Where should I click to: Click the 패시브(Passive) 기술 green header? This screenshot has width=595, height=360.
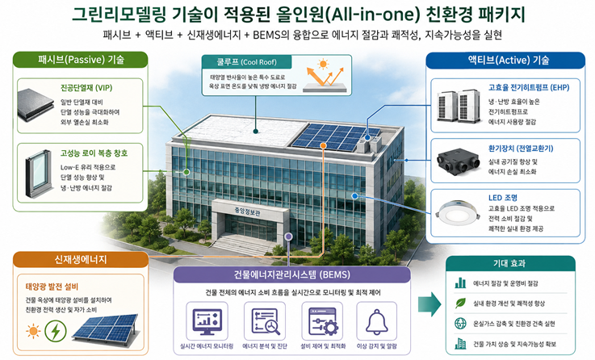(x=81, y=60)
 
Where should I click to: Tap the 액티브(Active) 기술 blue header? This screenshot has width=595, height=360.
(x=505, y=60)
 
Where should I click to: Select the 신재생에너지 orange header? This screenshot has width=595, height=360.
(x=81, y=259)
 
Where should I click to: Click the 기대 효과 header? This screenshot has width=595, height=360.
(x=510, y=263)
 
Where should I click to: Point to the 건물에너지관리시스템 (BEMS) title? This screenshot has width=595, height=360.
(x=291, y=274)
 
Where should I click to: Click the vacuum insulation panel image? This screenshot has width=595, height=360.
(x=36, y=105)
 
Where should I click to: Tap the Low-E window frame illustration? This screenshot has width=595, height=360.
(x=38, y=174)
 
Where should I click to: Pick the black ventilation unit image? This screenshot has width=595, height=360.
(x=459, y=161)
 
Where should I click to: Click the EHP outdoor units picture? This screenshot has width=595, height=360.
(x=459, y=106)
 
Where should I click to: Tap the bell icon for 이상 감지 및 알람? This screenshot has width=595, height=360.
(x=376, y=321)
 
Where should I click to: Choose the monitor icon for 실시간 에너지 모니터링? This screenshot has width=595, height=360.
(x=207, y=321)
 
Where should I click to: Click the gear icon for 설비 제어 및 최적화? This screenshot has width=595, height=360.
(x=323, y=321)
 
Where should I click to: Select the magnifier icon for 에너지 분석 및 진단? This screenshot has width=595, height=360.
(x=266, y=321)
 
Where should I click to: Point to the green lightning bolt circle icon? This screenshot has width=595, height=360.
(x=56, y=331)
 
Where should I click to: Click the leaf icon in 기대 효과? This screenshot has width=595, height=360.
(x=460, y=303)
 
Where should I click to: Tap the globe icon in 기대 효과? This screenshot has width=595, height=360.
(x=460, y=324)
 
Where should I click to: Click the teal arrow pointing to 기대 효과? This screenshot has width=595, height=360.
(x=429, y=303)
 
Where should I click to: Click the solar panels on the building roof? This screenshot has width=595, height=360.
(x=336, y=136)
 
